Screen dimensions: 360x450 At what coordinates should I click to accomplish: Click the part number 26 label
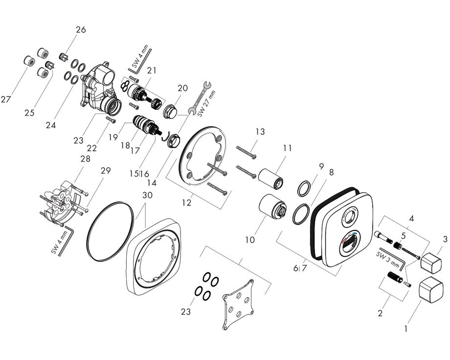tap(80, 29)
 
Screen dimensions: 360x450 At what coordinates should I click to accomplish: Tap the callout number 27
tap(6, 100)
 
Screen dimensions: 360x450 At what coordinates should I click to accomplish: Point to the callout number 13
tap(260, 132)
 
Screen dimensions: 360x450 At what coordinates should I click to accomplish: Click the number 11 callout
tap(287, 147)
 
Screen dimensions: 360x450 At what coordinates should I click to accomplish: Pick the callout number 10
tap(250, 240)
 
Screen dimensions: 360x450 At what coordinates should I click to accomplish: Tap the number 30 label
tap(148, 195)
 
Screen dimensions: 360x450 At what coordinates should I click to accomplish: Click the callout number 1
tap(405, 329)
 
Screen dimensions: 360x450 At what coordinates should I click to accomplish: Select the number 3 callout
tap(445, 239)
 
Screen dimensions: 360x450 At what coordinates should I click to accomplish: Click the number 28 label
tap(86, 160)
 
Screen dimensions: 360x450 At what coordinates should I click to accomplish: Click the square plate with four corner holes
tap(240, 303)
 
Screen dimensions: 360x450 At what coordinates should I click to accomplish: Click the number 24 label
tap(51, 125)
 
